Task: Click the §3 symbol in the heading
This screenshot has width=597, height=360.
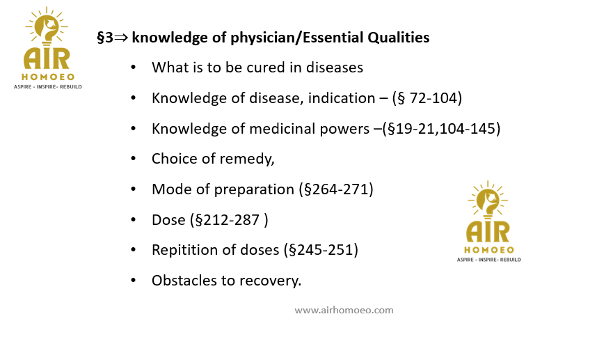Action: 105,38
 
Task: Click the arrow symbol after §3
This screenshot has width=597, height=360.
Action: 121,38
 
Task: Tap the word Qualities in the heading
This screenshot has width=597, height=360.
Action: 398,38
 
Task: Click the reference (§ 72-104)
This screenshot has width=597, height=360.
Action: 427,98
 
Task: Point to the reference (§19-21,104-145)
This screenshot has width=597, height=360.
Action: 441,129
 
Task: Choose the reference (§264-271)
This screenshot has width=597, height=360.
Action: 336,189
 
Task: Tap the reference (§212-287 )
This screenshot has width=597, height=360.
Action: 229,220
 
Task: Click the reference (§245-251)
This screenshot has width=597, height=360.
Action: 321,250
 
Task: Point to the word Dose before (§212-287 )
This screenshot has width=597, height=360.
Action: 168,220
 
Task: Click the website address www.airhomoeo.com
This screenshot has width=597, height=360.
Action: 344,310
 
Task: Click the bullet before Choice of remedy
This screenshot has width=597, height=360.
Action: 134,159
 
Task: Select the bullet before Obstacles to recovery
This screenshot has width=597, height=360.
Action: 134,281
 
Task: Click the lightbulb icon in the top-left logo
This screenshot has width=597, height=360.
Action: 47,26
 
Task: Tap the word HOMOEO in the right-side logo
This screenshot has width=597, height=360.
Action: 489,250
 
